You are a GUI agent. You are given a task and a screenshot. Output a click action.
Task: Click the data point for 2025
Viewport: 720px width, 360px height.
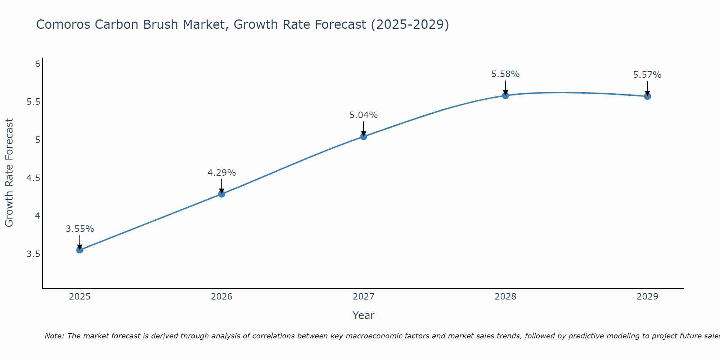click(80, 250)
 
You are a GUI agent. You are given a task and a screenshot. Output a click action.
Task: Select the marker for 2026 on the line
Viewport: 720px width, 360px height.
click(222, 194)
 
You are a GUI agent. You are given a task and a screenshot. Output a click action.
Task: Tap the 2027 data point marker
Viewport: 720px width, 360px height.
click(364, 136)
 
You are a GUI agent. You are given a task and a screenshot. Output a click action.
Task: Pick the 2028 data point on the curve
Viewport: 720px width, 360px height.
click(505, 95)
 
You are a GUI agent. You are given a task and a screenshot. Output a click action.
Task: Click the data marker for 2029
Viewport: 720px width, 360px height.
click(647, 96)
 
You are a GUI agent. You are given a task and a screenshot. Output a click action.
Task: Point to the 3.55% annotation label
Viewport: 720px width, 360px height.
click(80, 229)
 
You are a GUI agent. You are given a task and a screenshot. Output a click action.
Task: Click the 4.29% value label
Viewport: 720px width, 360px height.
click(222, 173)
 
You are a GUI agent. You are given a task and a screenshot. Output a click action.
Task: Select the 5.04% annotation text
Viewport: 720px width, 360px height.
click(364, 115)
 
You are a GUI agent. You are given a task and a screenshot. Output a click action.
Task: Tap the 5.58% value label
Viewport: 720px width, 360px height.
click(505, 74)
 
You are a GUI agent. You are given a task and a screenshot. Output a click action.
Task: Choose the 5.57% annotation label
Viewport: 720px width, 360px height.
click(647, 75)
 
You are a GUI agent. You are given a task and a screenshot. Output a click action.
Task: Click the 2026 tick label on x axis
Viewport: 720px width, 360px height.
click(222, 297)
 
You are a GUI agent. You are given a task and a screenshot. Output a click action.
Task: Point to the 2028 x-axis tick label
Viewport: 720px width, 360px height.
click(505, 297)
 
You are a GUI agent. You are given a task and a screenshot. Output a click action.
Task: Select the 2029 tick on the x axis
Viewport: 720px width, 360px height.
click(647, 297)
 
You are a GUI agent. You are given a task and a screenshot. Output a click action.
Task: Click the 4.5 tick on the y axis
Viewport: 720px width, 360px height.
click(33, 178)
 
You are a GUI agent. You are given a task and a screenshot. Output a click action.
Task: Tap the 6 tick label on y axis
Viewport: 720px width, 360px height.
click(37, 64)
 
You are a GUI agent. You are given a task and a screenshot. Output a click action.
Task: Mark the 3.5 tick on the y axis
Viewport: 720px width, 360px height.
click(33, 254)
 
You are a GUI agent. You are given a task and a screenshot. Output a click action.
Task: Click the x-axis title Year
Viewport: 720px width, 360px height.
click(364, 315)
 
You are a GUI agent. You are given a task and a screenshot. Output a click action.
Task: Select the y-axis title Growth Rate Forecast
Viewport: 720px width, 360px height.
click(9, 173)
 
